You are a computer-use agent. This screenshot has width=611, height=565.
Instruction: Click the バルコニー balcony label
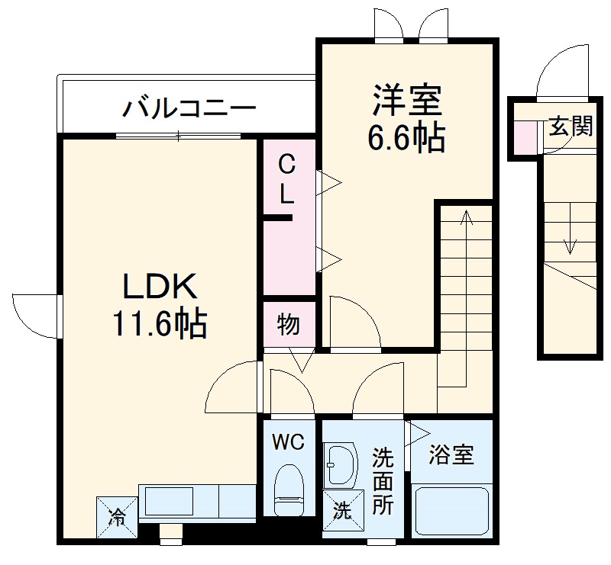click(x=189, y=108)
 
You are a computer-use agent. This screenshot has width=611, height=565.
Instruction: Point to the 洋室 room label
click(x=407, y=101)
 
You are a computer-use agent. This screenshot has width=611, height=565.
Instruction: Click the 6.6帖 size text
click(x=407, y=138)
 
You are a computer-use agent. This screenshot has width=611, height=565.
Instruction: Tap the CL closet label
click(x=286, y=178)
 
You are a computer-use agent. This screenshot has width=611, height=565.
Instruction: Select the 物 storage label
click(x=288, y=325)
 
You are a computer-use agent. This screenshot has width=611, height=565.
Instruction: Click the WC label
click(x=288, y=441)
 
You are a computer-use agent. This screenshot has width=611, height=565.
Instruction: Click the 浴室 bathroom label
click(x=451, y=456)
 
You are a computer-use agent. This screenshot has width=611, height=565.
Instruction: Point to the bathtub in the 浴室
click(x=451, y=512)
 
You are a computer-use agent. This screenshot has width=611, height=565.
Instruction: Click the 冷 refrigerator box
click(x=117, y=516)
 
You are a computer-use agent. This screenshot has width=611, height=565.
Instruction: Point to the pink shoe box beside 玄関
click(x=525, y=136)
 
